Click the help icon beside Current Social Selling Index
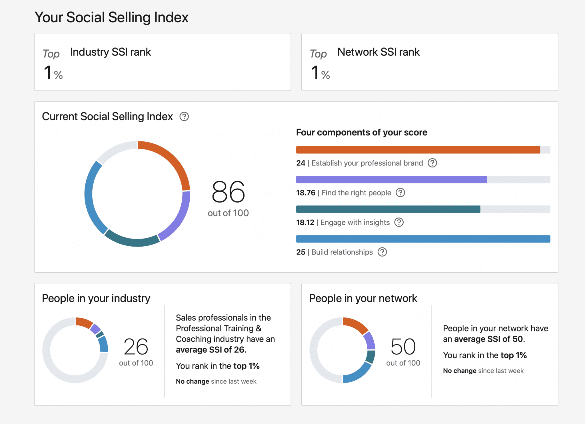click(184, 117)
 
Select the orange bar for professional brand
click(418, 150)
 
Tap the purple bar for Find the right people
click(391, 179)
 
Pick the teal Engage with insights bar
click(388, 209)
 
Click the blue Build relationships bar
click(423, 239)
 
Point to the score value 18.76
click(305, 193)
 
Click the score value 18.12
click(305, 223)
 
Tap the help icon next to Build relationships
click(382, 252)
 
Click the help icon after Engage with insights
click(399, 222)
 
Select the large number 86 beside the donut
click(228, 192)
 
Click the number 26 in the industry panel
click(136, 347)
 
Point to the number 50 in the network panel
click(403, 347)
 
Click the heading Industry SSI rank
click(111, 52)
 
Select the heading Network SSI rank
click(378, 52)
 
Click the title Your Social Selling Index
click(111, 17)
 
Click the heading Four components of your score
click(361, 132)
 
